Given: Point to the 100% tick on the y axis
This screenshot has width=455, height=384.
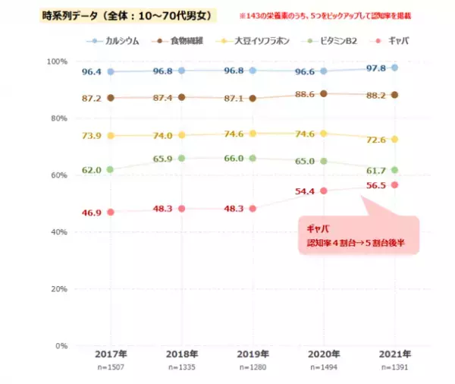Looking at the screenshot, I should click(56, 61).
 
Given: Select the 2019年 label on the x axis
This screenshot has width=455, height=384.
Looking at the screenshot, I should click(253, 355).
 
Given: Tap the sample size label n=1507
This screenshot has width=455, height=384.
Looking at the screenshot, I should click(111, 368).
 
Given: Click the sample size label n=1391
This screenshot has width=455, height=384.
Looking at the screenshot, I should click(394, 368).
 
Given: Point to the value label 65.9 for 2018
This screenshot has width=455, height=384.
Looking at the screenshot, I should click(162, 159).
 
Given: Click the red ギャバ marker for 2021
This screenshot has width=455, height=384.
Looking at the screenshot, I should click(394, 185).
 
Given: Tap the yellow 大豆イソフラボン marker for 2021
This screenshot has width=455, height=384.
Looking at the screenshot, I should click(394, 140).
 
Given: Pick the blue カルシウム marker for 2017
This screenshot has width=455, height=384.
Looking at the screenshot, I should click(111, 71).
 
